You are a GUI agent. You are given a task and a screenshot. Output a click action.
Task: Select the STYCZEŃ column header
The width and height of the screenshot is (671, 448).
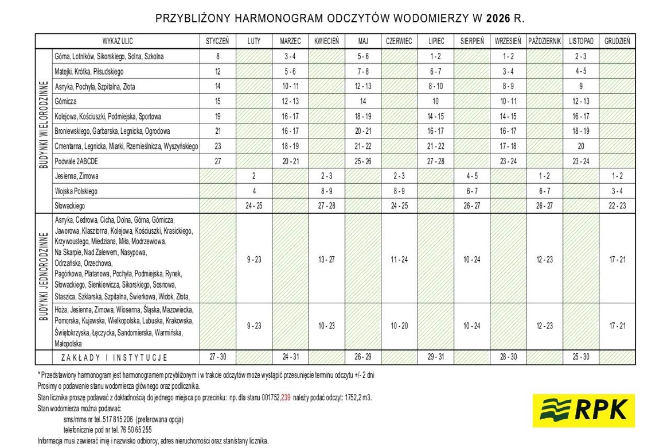tap(217, 41)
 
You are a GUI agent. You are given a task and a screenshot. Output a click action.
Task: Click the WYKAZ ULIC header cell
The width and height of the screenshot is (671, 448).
tap(118, 41)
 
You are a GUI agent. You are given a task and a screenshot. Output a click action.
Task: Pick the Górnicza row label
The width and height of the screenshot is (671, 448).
tap(65, 101)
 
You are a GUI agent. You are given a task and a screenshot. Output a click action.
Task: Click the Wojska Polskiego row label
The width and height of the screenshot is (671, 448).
tap(76, 191)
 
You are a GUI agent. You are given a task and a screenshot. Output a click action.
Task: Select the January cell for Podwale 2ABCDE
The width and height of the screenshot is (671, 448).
tap(217, 161)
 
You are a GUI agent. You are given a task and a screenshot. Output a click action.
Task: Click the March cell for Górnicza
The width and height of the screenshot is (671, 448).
tap(290, 101)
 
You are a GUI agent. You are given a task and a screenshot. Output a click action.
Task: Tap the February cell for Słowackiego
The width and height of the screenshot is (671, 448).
tap(254, 206)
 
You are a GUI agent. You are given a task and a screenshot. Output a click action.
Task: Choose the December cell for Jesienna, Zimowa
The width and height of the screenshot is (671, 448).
tap(617, 176)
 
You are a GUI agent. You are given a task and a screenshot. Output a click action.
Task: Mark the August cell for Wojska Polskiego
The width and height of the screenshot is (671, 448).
tap(472, 191)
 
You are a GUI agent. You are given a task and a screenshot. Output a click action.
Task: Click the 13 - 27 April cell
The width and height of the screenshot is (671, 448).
tap(326, 260)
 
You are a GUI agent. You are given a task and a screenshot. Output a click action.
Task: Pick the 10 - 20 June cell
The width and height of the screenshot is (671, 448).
tap(399, 326)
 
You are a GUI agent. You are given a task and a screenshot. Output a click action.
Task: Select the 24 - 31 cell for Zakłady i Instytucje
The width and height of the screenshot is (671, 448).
tap(290, 357)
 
